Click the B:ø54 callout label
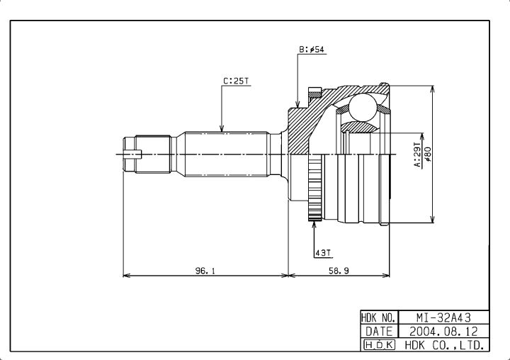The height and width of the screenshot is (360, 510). tap(312, 50)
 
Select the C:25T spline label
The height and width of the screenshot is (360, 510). tap(236, 81)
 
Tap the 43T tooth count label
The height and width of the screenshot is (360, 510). tap(323, 252)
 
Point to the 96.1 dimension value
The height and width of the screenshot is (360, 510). tap(205, 271)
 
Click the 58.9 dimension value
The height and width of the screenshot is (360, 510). tap(339, 271)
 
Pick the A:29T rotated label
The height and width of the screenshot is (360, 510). tap(417, 154)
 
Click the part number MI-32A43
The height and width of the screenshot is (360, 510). tap(443, 317)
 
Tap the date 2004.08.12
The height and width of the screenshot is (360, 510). tap(443, 332)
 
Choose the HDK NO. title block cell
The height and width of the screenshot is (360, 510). tap(379, 317)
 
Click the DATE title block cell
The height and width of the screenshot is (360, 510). tap(379, 332)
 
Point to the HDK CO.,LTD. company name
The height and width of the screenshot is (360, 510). tap(445, 344)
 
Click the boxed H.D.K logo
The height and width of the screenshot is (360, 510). tap(379, 344)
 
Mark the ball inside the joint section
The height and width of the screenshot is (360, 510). tap(363, 108)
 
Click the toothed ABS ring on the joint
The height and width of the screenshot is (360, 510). tap(314, 188)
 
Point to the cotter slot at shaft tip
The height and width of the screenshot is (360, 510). tap(133, 154)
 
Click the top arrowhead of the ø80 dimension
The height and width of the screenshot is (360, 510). tap(432, 90)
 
